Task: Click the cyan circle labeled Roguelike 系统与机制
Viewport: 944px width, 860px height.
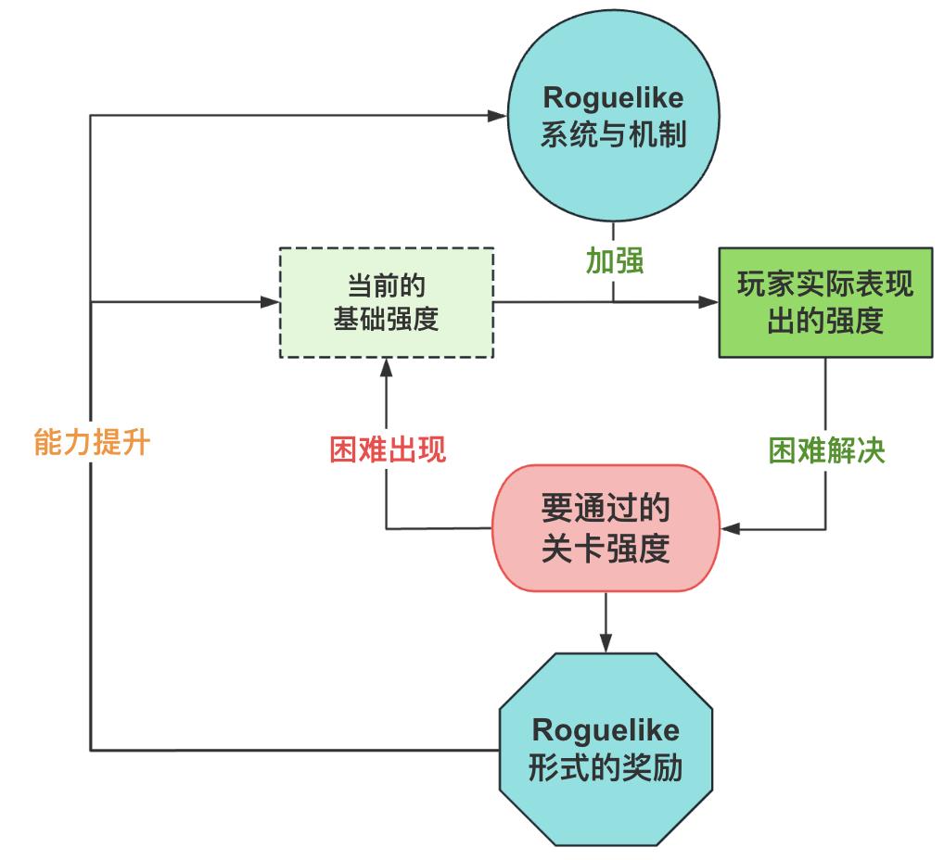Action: pos(612,116)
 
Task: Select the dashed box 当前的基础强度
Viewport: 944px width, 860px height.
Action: pos(386,302)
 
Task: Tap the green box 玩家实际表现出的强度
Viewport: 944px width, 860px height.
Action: pos(825,302)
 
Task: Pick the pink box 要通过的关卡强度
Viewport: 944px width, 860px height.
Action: pos(606,528)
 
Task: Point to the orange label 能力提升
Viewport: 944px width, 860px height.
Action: pos(91,443)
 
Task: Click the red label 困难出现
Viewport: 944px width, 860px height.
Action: pos(388,449)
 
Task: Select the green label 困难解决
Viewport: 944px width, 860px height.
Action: pos(826,449)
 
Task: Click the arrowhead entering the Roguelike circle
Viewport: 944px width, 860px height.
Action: pos(497,116)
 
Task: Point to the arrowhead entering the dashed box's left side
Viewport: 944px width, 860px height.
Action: pos(270,302)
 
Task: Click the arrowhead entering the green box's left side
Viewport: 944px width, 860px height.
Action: pos(709,302)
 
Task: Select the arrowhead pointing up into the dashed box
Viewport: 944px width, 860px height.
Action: pos(387,368)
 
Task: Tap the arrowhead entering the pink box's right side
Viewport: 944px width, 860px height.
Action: pos(732,529)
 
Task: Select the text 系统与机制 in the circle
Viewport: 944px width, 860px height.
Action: pos(612,135)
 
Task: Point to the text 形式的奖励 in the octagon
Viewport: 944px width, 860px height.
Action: pos(606,769)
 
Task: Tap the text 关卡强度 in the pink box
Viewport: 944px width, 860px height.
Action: pos(606,550)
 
